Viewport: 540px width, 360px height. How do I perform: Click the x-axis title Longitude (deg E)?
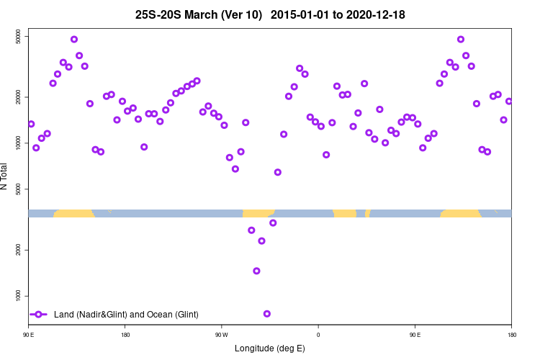pos(270,348)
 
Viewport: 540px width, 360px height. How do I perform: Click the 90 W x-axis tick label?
pos(221,335)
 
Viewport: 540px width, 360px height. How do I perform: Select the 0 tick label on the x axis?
pos(318,335)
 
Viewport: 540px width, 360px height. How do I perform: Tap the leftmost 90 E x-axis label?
pos(29,335)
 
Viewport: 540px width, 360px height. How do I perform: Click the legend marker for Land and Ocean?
pos(40,315)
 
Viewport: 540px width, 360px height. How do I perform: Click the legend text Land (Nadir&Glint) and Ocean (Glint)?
pos(126,315)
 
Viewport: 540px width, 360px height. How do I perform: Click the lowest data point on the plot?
pos(267,314)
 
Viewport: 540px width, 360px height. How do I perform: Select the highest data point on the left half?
pos(74,40)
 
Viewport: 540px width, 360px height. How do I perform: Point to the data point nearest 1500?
pos(256,271)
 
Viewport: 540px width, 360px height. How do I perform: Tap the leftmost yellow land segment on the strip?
pos(73,213)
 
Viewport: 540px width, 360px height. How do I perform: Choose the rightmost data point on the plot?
pos(509,102)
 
